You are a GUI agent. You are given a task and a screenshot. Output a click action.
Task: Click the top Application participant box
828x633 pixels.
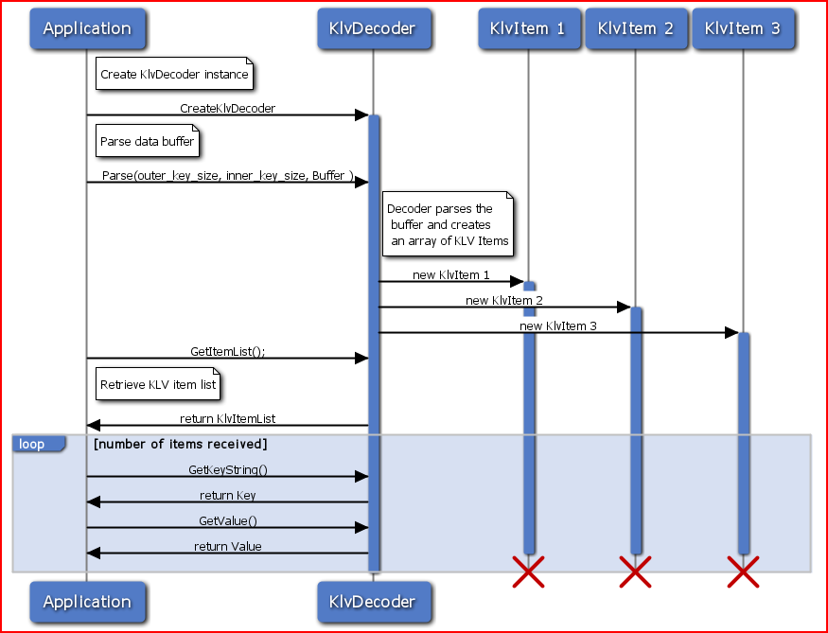pyautogui.click(x=87, y=28)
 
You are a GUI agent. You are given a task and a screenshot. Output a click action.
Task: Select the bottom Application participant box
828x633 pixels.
pyautogui.click(x=87, y=602)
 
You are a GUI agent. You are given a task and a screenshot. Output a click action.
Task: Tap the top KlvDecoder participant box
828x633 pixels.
pyautogui.click(x=372, y=28)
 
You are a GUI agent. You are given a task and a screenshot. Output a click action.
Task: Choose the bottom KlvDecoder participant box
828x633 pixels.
pyautogui.click(x=372, y=602)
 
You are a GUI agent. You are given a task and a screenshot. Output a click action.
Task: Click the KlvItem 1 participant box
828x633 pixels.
pyautogui.click(x=528, y=28)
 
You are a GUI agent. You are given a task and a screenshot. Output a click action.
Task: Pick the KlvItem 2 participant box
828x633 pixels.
pyautogui.click(x=635, y=28)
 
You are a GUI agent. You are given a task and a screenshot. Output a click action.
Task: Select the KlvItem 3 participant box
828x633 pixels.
pyautogui.click(x=743, y=28)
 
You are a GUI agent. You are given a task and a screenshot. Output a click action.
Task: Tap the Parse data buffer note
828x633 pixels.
pyautogui.click(x=148, y=141)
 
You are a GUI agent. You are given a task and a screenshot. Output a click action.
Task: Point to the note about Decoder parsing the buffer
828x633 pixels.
pyautogui.click(x=448, y=225)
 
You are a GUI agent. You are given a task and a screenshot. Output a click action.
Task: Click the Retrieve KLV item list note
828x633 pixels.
pyautogui.click(x=158, y=384)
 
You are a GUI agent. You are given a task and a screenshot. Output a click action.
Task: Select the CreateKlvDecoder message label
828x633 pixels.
pyautogui.click(x=227, y=109)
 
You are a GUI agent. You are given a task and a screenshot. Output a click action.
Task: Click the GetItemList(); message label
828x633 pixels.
pyautogui.click(x=227, y=351)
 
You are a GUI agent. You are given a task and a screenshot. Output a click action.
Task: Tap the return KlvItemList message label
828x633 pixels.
pyautogui.click(x=227, y=418)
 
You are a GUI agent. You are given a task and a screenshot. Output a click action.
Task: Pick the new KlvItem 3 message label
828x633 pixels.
pyautogui.click(x=558, y=325)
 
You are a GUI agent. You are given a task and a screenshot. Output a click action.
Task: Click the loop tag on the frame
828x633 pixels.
pyautogui.click(x=33, y=444)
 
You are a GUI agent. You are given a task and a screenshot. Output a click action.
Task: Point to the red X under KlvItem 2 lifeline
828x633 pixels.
pyautogui.click(x=635, y=571)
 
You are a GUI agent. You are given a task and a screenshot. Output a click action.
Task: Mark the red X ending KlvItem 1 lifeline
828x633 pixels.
pyautogui.click(x=528, y=571)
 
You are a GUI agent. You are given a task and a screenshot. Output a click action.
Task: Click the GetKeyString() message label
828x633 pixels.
pyautogui.click(x=227, y=469)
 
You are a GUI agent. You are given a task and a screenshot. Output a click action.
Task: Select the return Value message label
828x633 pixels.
pyautogui.click(x=227, y=546)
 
